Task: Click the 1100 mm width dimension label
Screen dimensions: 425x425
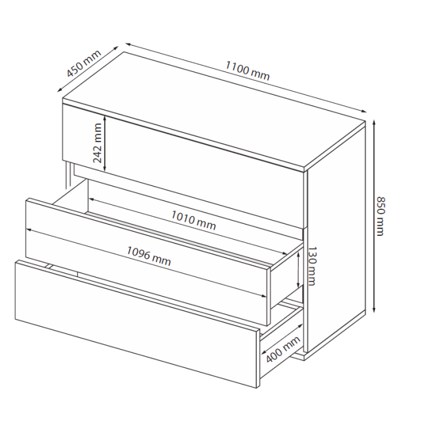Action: coord(247,71)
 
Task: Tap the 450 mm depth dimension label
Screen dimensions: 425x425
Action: coord(83,63)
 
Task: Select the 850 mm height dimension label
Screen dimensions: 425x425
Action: coord(381,216)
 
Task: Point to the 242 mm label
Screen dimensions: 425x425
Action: coord(97,143)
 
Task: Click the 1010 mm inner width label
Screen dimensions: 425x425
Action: coord(194,220)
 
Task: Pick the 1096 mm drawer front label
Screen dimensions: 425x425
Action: coord(149,256)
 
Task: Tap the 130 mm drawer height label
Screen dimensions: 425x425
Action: coord(312,266)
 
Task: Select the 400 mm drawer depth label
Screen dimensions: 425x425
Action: coord(283,349)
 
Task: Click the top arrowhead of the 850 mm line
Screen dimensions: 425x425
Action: coord(374,123)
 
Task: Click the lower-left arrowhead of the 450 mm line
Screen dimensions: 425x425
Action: coord(59,90)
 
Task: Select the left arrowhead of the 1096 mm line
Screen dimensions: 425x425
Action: coord(29,230)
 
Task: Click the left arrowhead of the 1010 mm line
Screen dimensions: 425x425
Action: coord(91,199)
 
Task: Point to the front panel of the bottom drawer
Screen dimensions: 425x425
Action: coord(137,324)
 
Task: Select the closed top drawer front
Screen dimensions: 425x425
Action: coord(182,166)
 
